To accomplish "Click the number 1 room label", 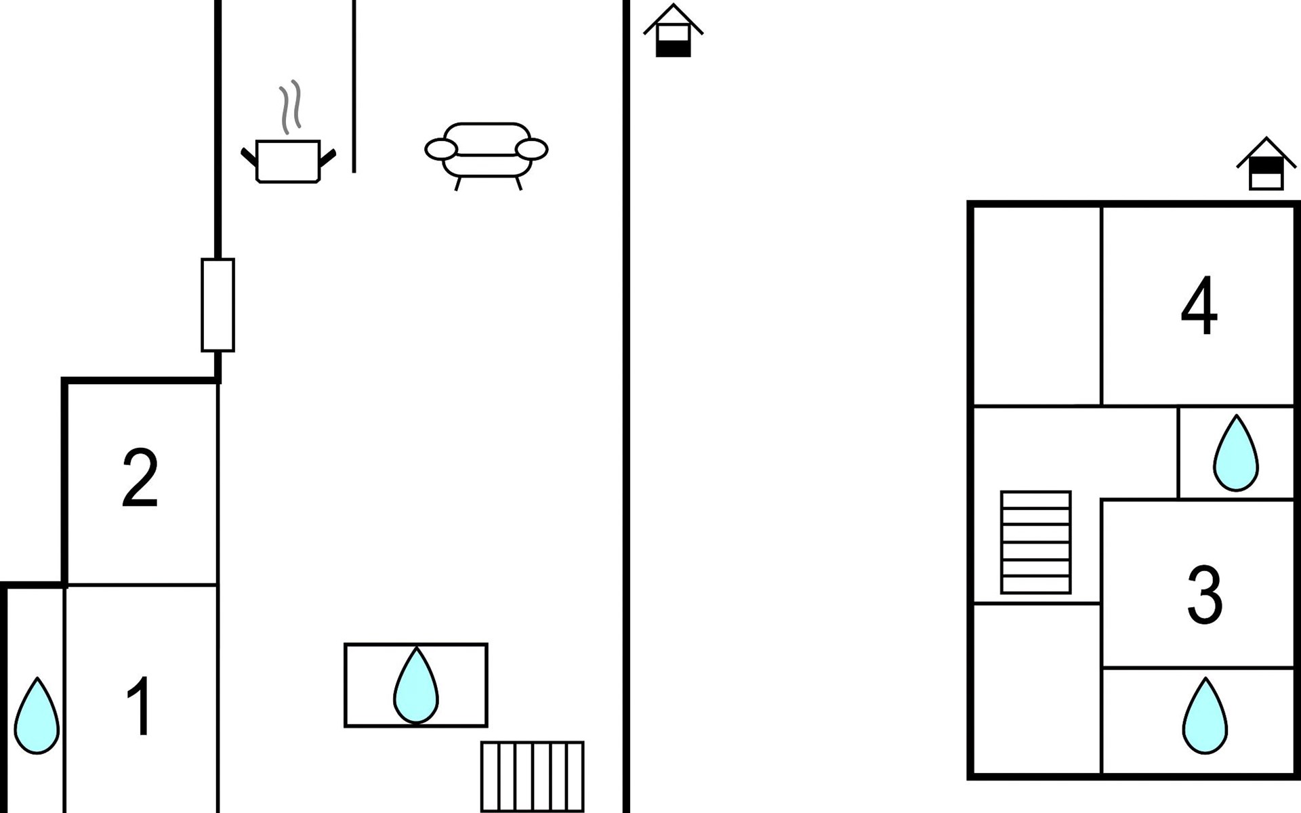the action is click(x=140, y=707).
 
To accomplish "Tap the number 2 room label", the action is click(x=140, y=478).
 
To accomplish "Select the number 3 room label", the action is click(x=1205, y=595).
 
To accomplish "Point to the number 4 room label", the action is click(x=1199, y=306).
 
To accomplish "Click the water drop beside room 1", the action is click(x=37, y=716).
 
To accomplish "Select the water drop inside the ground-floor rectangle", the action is click(x=416, y=686).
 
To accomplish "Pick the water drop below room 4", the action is click(x=1236, y=453).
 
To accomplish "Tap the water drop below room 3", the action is click(x=1205, y=715).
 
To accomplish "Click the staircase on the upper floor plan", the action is click(x=1036, y=542).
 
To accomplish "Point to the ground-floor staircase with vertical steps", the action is click(x=533, y=776).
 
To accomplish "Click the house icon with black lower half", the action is click(x=673, y=31).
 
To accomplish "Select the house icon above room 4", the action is click(x=1266, y=164).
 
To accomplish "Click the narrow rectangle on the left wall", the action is click(x=218, y=305).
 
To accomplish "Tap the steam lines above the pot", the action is click(x=290, y=107).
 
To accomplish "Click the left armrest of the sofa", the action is click(x=441, y=149).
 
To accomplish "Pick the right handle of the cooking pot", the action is click(x=328, y=158).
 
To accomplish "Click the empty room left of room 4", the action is click(x=1037, y=306).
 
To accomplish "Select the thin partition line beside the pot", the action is click(x=354, y=86).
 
